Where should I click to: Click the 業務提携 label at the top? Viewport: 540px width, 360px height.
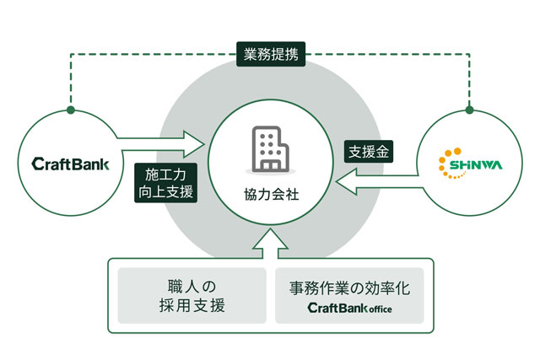click(271, 54)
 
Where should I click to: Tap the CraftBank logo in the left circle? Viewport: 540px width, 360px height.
click(70, 164)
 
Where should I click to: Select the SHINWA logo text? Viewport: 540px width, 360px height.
click(476, 165)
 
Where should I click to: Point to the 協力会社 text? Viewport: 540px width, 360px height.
click(272, 195)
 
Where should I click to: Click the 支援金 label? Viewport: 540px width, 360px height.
click(369, 152)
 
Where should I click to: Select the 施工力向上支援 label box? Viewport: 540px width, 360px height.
click(165, 183)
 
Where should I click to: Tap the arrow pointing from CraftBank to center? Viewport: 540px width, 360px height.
click(160, 144)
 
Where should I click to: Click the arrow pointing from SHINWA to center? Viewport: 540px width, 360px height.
click(380, 181)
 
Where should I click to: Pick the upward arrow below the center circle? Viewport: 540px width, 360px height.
click(270, 244)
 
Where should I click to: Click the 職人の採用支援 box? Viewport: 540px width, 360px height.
click(192, 296)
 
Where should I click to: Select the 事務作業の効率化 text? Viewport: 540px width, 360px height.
click(349, 287)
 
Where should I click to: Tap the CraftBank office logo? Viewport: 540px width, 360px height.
click(349, 308)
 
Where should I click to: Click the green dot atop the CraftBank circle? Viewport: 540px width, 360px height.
click(71, 110)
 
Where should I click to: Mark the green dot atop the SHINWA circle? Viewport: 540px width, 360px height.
click(469, 110)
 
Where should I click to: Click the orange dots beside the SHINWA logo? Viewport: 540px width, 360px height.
click(448, 163)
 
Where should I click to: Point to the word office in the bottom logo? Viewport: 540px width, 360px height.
click(381, 309)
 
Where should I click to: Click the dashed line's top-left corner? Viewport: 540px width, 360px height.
click(71, 54)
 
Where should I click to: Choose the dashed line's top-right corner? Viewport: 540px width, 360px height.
click(469, 54)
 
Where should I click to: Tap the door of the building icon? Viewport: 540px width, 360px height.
click(270, 165)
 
